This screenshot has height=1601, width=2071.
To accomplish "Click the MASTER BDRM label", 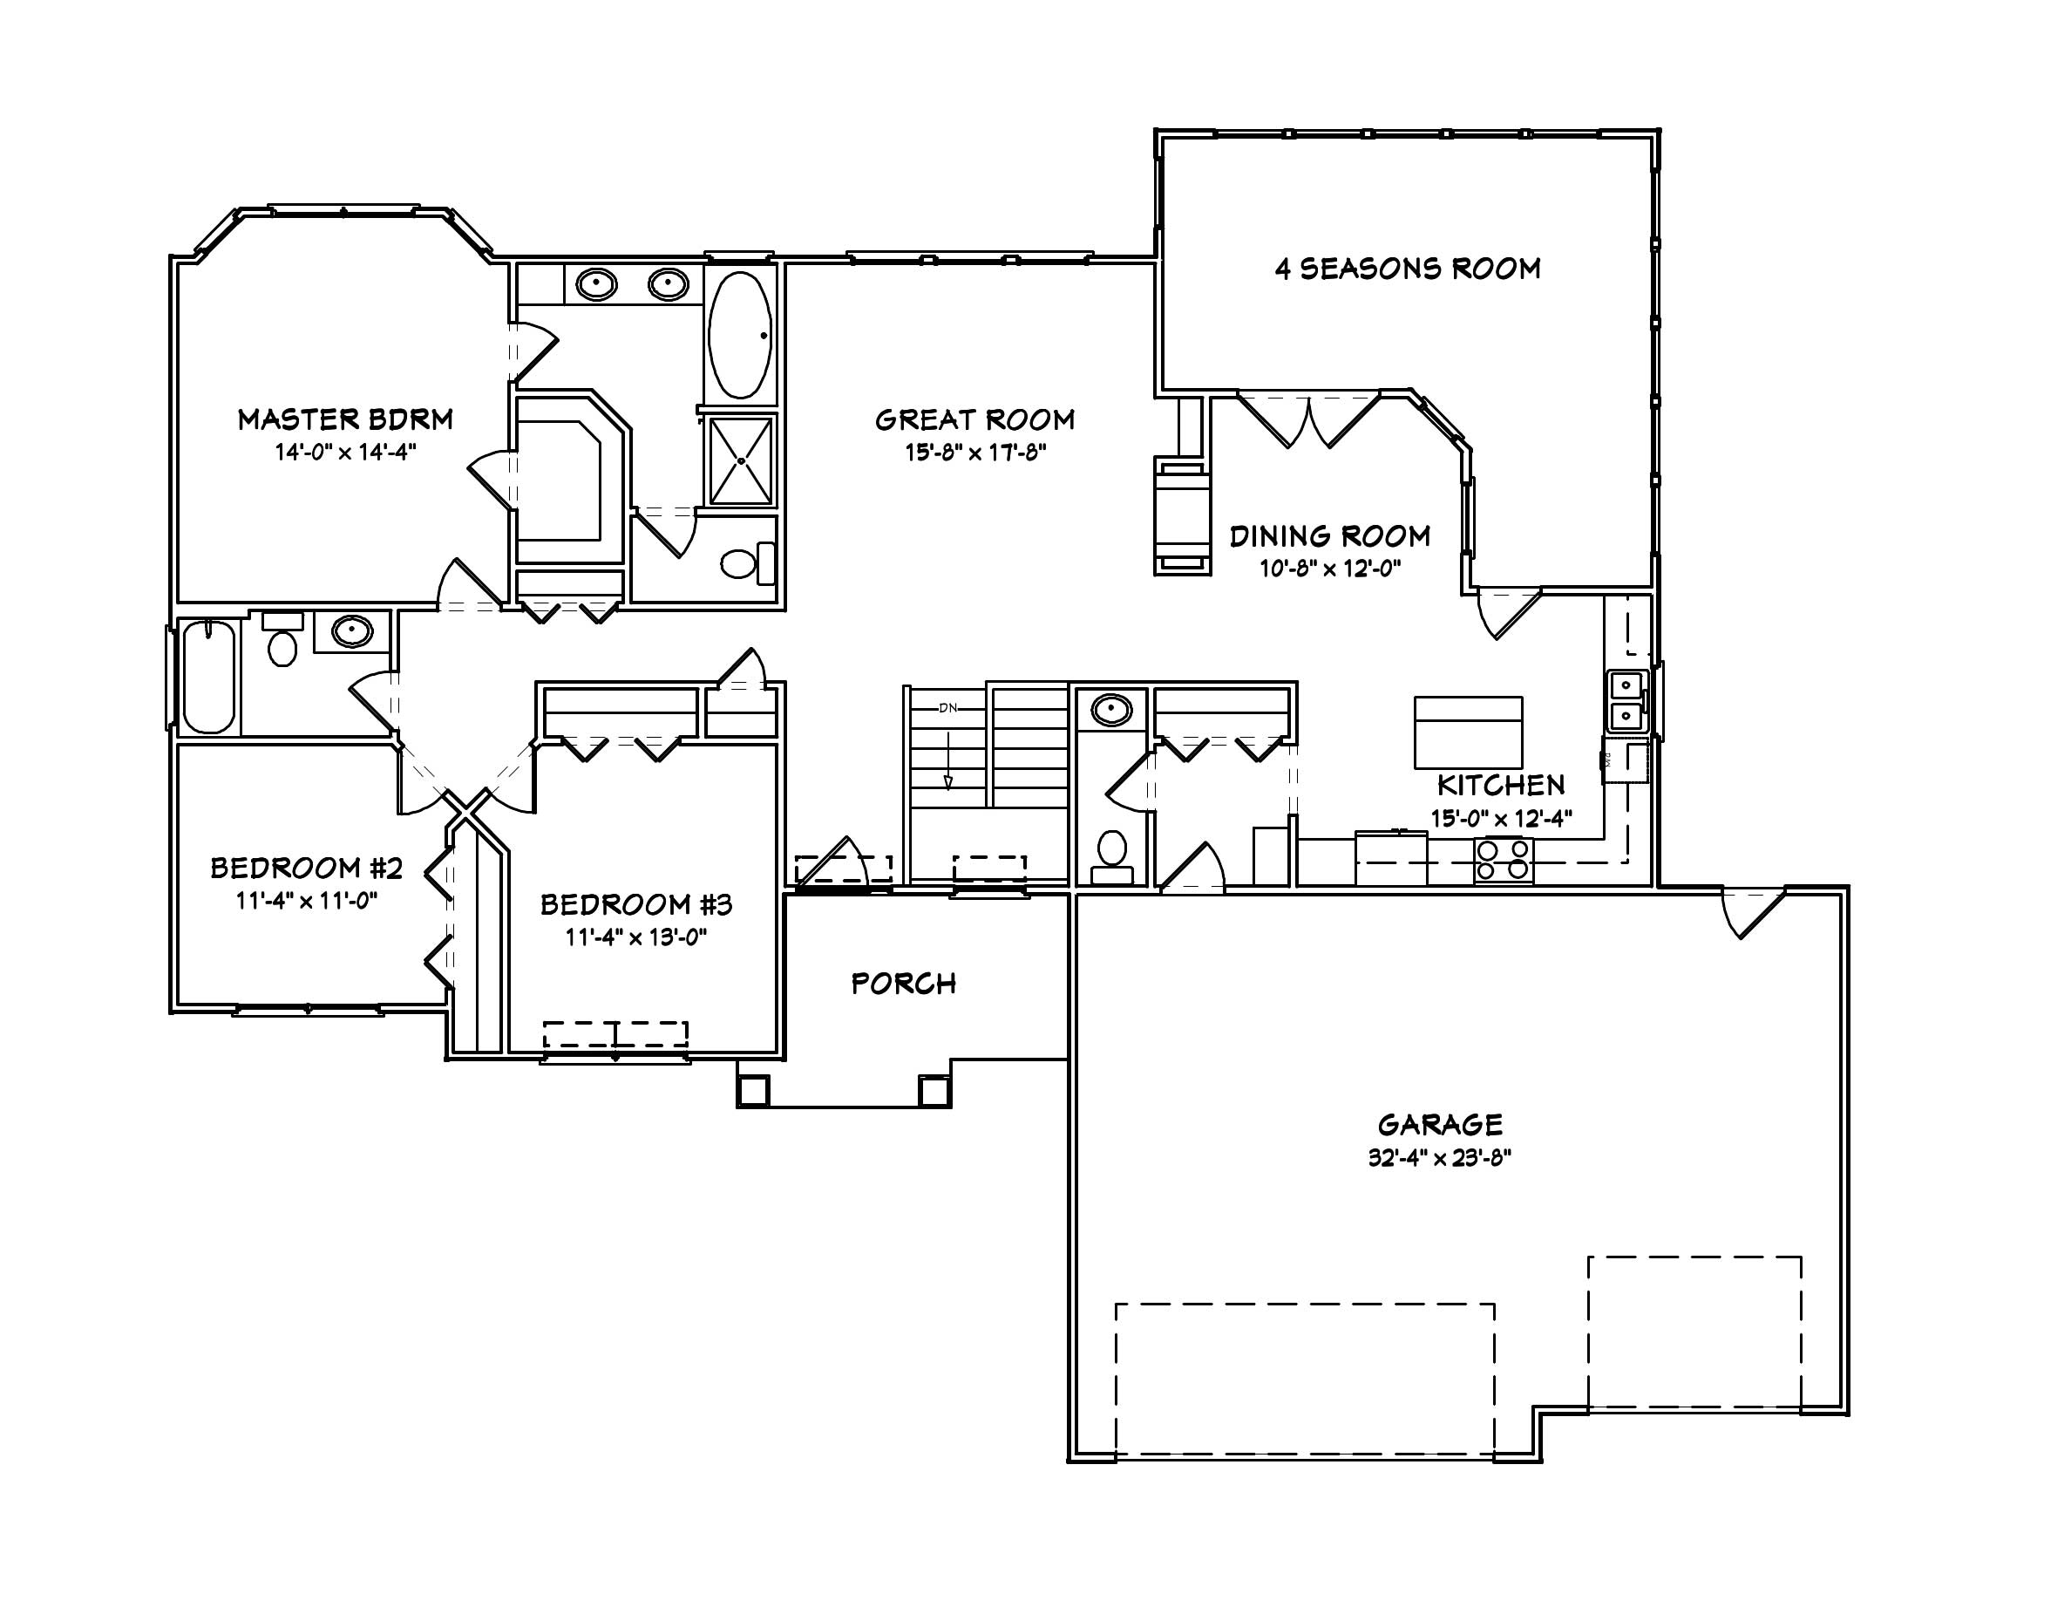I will tap(345, 419).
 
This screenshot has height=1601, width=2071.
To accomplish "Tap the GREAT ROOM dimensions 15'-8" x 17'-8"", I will tap(974, 453).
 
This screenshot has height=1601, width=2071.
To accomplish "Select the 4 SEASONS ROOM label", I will tap(1407, 269).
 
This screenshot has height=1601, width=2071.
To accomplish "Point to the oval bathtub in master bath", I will tap(740, 335).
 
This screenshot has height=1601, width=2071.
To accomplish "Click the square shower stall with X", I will tap(741, 461).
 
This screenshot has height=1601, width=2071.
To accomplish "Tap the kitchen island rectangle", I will tap(1468, 732).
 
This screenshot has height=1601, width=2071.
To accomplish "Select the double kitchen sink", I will tap(1626, 700).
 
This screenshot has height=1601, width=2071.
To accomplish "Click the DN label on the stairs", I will tap(947, 707).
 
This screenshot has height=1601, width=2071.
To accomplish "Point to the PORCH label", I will tap(903, 984).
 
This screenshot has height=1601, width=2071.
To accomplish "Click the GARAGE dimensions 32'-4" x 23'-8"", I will tap(1438, 1158).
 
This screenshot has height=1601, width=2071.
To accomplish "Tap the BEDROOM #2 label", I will tap(306, 868).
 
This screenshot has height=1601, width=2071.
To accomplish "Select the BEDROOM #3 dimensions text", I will tap(636, 937).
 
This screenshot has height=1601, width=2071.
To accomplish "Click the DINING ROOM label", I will tap(1329, 537).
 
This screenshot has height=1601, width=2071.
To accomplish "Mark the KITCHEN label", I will tap(1500, 786).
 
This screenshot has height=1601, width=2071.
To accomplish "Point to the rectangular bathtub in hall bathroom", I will tap(208, 677).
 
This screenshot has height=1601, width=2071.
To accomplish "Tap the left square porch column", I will tap(754, 1090).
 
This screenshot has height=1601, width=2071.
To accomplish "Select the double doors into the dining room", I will tap(1308, 419).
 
